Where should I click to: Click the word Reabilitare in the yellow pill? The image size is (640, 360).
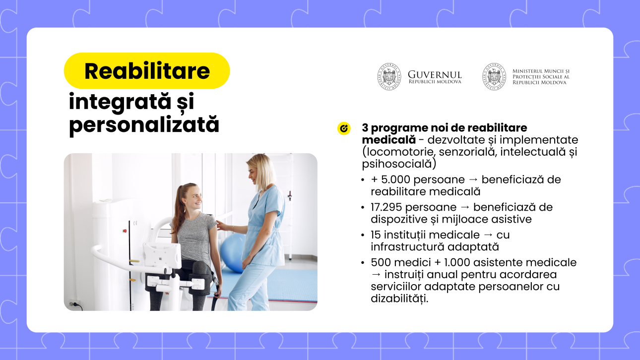tap(147, 71)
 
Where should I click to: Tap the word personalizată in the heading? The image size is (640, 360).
tap(144, 125)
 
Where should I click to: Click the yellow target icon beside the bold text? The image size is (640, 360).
tap(344, 128)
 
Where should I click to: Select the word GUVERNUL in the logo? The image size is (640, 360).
tap(435, 74)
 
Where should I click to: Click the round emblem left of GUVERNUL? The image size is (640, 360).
tap(389, 76)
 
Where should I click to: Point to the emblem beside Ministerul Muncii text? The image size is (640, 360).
tap(494, 76)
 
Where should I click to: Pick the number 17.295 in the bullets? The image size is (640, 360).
tap(385, 207)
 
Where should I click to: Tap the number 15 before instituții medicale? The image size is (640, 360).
tap(376, 235)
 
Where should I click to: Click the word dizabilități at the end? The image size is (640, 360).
tap(399, 299)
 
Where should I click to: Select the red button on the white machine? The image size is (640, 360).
tap(125, 231)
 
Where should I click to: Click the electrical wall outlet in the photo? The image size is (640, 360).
tap(75, 303)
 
